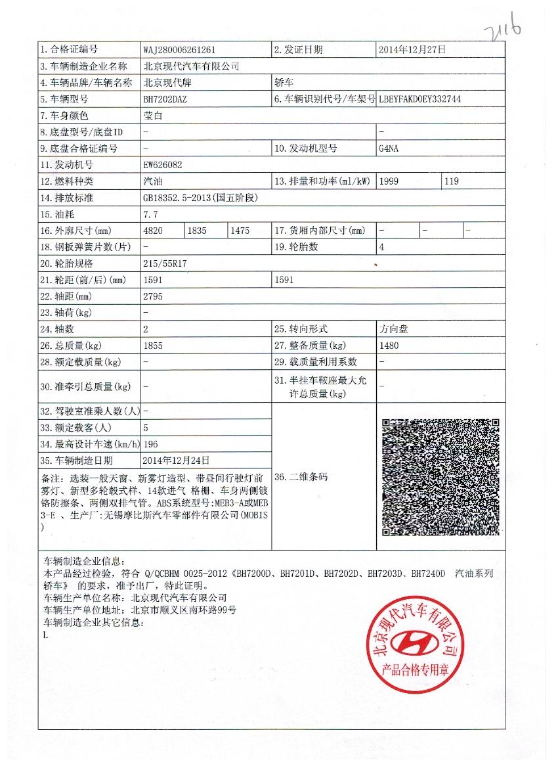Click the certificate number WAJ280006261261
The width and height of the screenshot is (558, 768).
pos(179,50)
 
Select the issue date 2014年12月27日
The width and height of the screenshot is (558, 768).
pos(412,49)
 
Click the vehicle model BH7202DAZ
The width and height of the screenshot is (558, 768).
pos(165,99)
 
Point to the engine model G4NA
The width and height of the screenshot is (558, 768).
pos(389,148)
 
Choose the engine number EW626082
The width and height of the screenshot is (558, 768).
pos(162,165)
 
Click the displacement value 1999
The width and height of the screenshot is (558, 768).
pos(389,181)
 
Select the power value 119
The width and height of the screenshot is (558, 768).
pos(452,181)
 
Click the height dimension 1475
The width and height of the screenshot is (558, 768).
pos(240,231)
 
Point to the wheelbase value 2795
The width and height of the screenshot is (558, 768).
pos(153,296)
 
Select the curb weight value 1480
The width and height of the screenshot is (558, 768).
pos(389,346)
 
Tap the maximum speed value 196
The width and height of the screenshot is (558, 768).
pos(150,444)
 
